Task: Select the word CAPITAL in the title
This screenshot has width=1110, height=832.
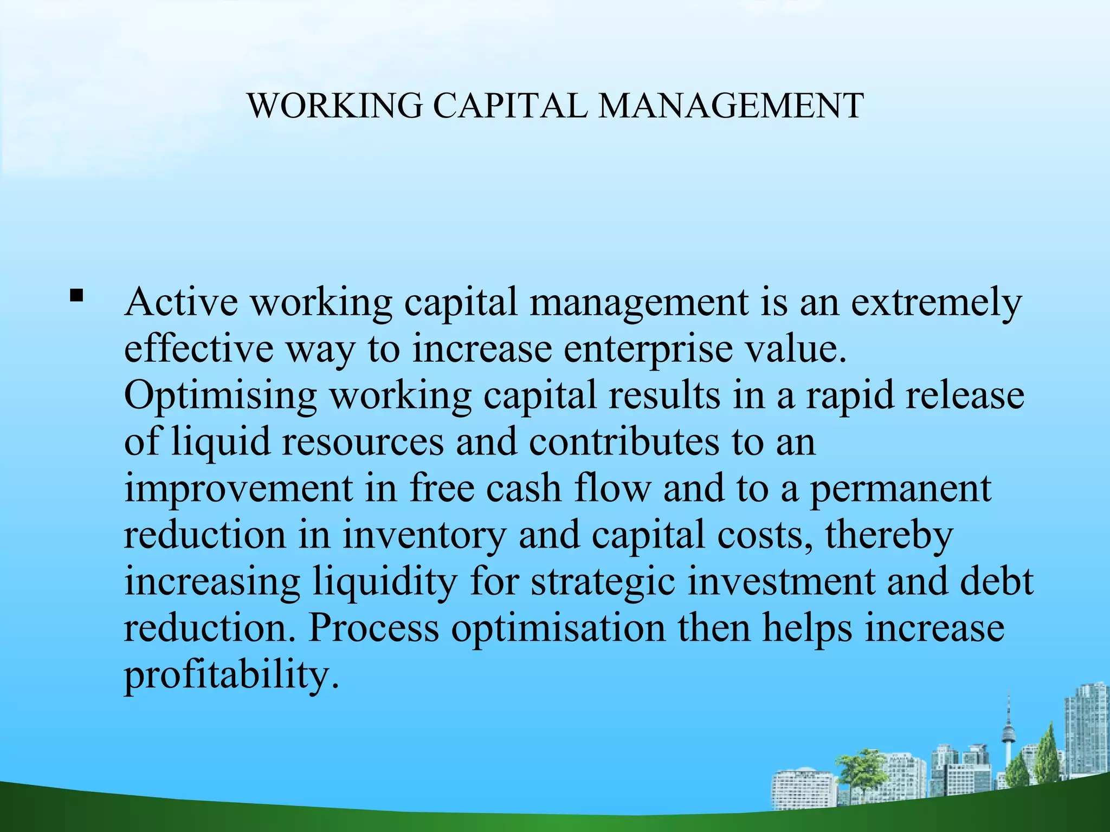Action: coord(510,106)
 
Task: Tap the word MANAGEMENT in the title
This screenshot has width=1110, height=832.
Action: coord(731,106)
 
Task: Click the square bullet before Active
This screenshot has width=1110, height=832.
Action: coord(76,296)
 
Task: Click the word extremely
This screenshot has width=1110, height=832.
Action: coord(936,303)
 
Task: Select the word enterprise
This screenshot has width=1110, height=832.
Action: coord(648,349)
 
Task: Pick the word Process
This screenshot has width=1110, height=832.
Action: coord(373,628)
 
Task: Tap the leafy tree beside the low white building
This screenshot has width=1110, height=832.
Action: coord(862,769)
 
